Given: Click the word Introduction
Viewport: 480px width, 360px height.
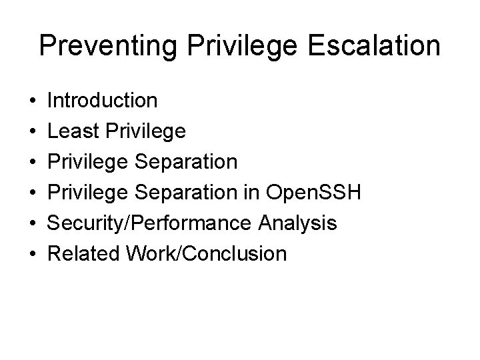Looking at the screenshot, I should (x=103, y=101).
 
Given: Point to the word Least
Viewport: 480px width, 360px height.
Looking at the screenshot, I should (x=72, y=131).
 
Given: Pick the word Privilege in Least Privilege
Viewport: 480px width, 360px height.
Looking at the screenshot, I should (x=143, y=131).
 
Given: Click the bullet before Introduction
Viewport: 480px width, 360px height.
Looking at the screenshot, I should (x=32, y=101).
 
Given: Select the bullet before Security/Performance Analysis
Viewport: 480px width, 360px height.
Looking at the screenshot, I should (x=32, y=224).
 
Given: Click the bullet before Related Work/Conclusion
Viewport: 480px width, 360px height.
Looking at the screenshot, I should (x=32, y=255).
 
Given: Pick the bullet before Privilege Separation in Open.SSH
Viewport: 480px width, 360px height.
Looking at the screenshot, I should (x=32, y=193).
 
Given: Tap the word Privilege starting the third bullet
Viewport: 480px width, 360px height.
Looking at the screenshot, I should (x=90, y=162).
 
